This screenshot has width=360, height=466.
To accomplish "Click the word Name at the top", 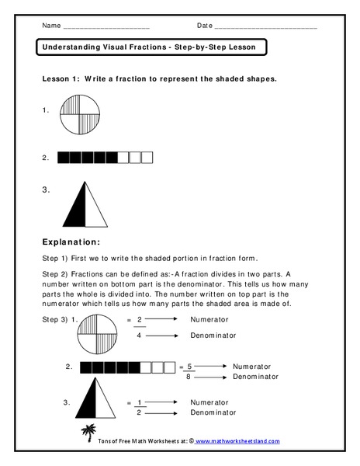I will [x=50, y=26].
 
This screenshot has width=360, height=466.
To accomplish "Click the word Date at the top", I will [x=204, y=26].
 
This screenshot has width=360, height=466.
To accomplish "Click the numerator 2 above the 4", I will [x=139, y=319].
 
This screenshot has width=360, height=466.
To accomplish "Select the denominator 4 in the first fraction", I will [x=139, y=336].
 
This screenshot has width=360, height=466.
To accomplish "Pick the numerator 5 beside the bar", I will [x=189, y=364].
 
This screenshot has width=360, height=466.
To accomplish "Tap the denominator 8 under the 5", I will [x=189, y=376].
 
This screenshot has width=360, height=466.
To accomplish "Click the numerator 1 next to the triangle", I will [x=139, y=402].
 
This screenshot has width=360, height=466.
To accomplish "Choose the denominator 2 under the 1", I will [x=139, y=413].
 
